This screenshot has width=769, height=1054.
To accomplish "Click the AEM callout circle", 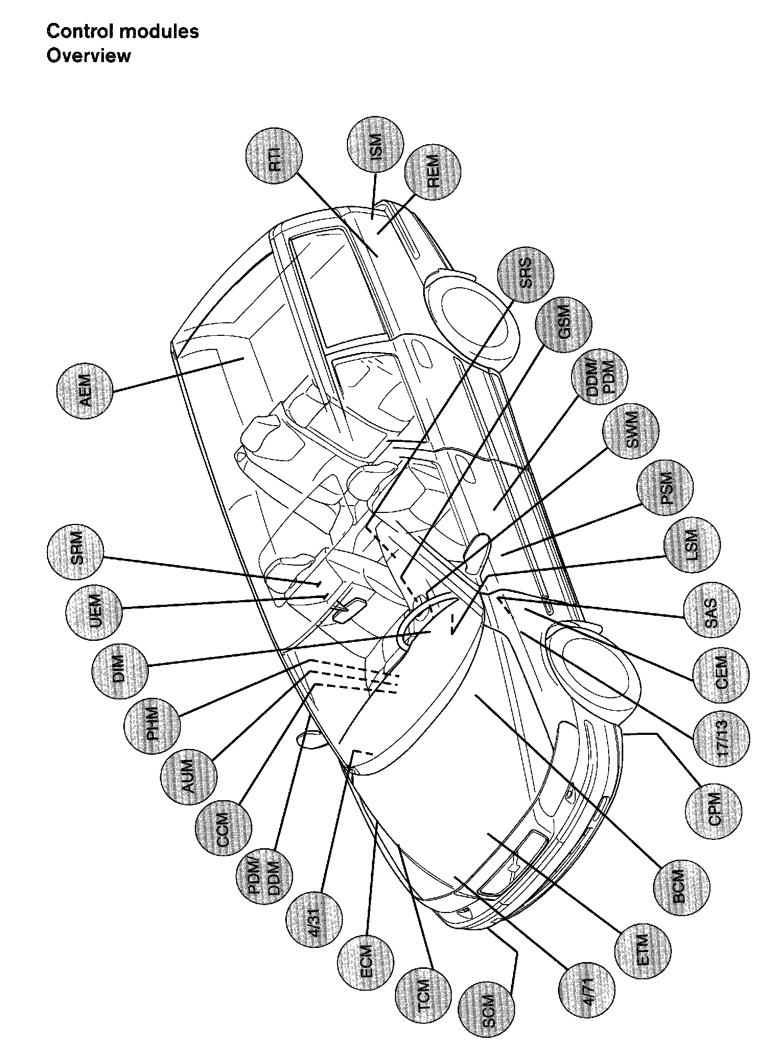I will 85,391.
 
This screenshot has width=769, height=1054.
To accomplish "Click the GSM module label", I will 564,324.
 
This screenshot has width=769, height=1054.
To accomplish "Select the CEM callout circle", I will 720,677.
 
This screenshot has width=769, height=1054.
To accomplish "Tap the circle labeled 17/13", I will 721,737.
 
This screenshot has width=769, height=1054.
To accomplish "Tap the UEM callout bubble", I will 95,612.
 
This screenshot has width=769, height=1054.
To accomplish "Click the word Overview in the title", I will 89,55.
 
